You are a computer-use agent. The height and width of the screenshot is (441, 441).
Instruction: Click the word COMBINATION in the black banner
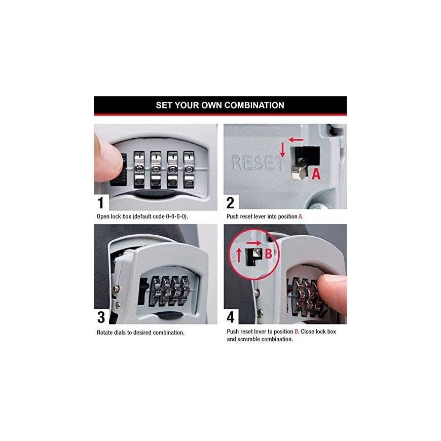[254, 105]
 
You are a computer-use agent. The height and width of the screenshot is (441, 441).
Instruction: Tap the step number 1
[100, 203]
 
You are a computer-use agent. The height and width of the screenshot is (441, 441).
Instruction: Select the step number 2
[230, 203]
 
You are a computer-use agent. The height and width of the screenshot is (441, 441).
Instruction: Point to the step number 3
[101, 317]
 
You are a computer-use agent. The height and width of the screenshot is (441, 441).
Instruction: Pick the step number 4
[231, 317]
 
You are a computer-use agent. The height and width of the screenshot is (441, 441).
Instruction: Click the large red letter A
[316, 174]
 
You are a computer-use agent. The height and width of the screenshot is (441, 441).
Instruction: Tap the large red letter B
[269, 253]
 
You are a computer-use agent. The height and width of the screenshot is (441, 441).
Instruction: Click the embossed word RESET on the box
[258, 163]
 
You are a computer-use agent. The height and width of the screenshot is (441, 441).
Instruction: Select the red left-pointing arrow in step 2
[296, 139]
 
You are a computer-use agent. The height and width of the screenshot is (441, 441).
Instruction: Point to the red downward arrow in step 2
[283, 150]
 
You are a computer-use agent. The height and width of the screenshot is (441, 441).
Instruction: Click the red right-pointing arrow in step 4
[253, 243]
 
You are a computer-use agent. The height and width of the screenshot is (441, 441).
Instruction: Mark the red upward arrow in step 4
[239, 255]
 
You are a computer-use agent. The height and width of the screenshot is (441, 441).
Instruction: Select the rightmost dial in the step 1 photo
[189, 170]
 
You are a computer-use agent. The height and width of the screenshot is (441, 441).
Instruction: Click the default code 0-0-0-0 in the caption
[176, 216]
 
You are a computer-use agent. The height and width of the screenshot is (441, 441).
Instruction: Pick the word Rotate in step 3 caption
[104, 333]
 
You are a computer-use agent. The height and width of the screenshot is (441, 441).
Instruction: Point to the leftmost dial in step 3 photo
[156, 291]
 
